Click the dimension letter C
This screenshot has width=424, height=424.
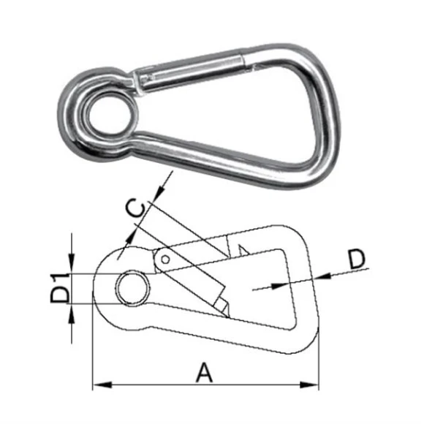[x=135, y=208]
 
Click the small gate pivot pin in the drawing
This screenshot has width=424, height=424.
[x=167, y=259]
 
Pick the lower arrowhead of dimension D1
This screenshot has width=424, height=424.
[x=72, y=311]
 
